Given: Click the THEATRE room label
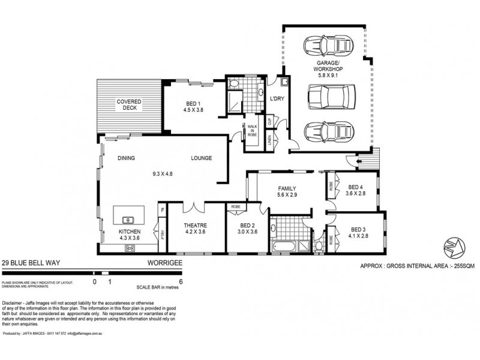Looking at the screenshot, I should tap(195, 226).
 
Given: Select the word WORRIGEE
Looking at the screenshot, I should tap(163, 263).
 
